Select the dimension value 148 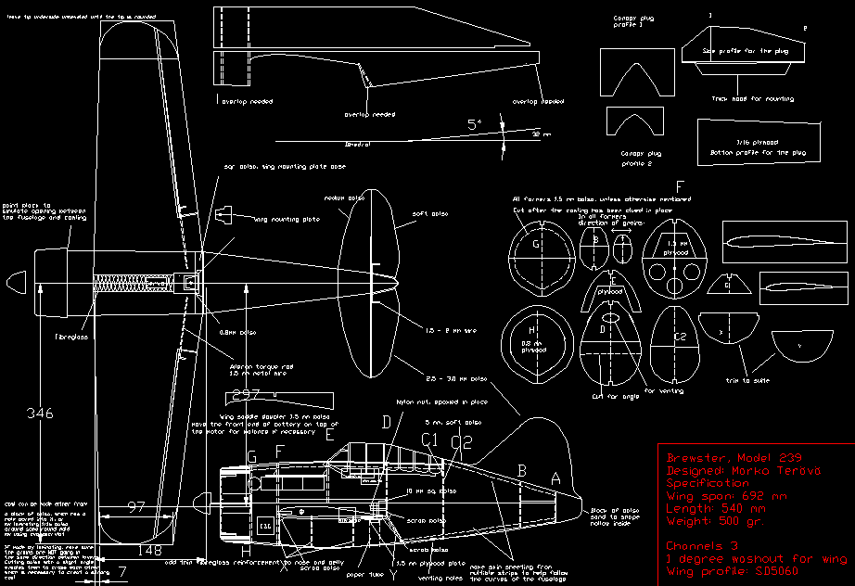[148, 551]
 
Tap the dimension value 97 [136, 506]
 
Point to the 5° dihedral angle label [475, 124]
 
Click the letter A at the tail [555, 479]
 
